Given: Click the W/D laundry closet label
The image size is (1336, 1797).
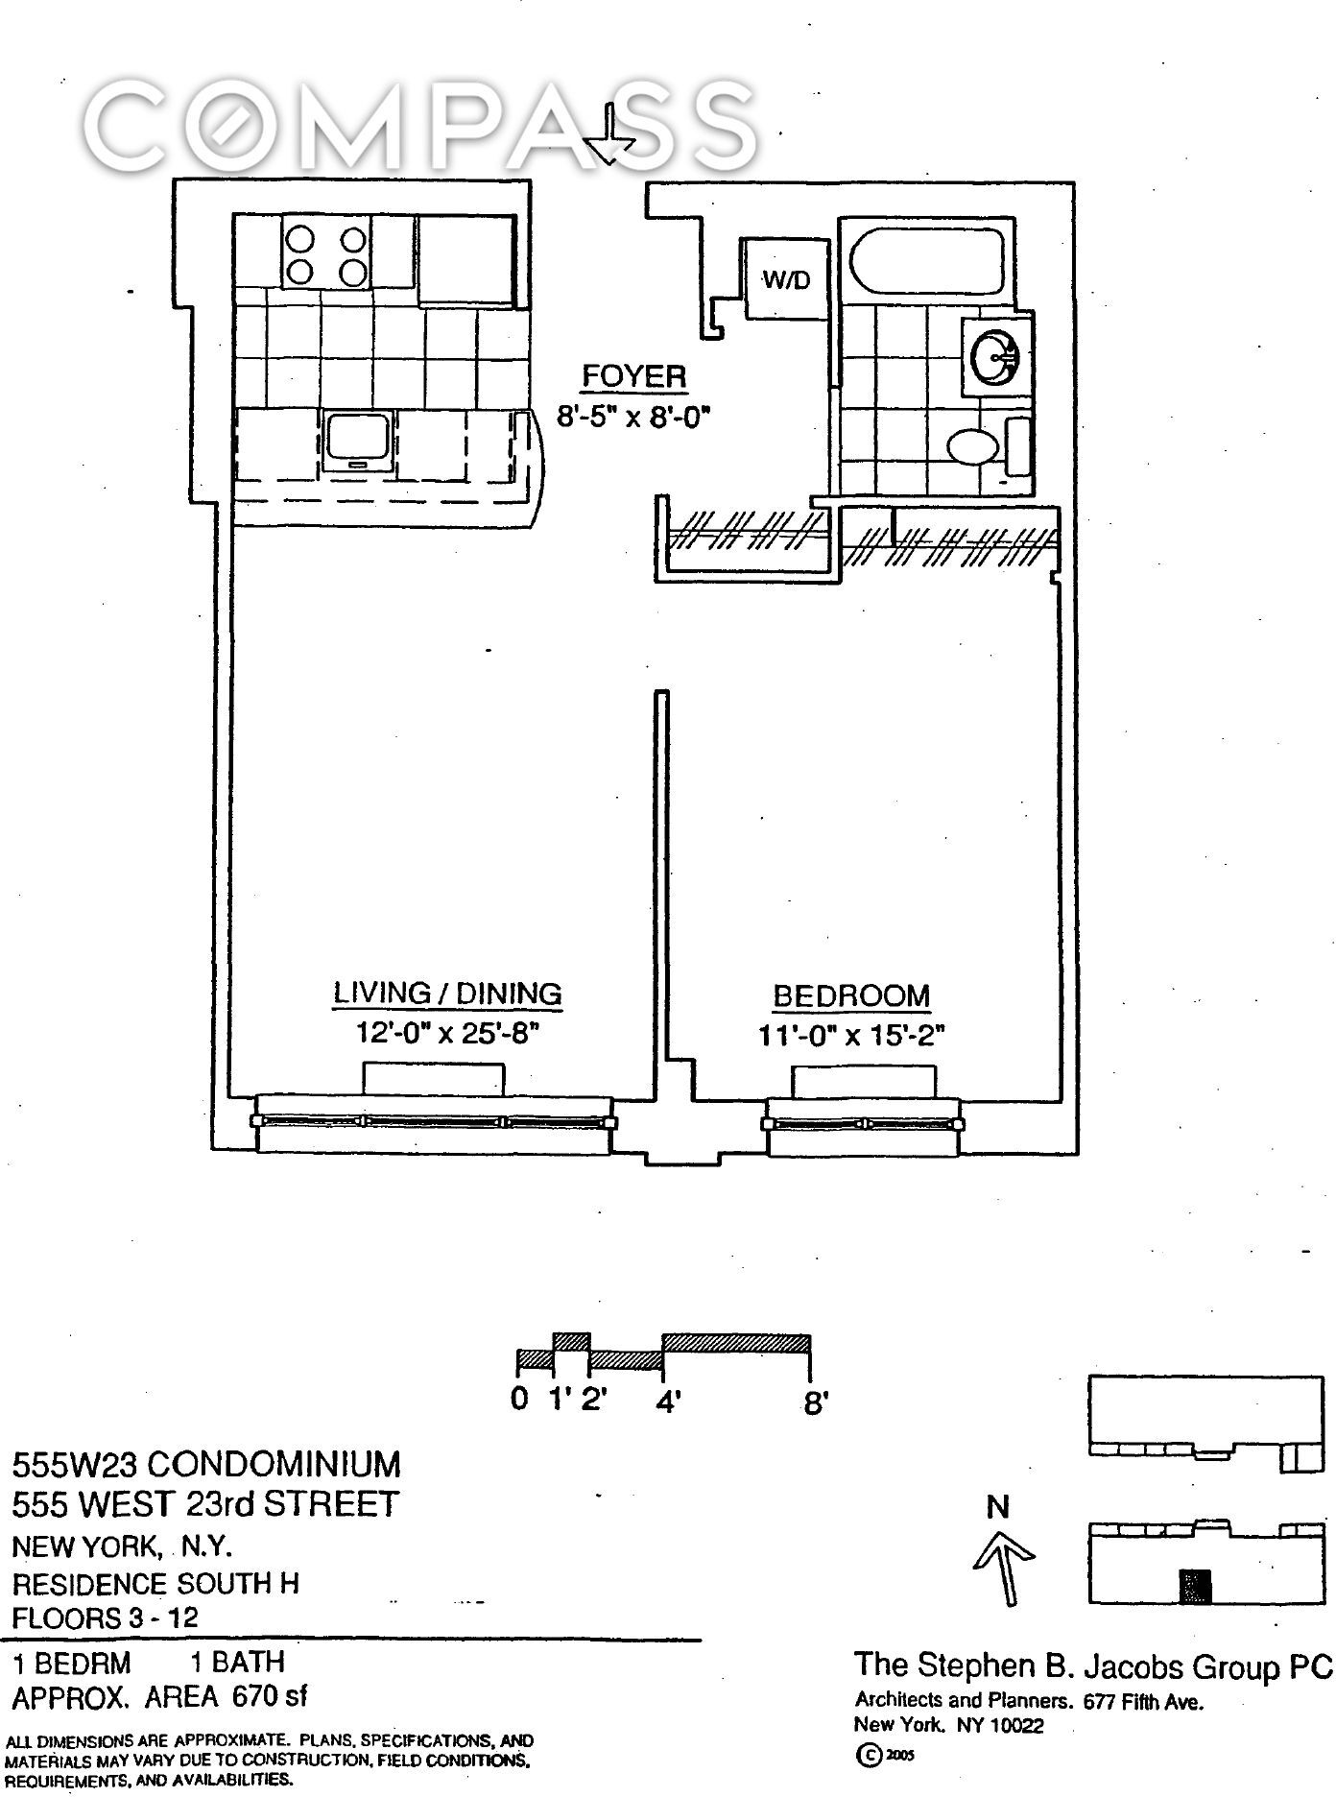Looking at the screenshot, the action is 786,279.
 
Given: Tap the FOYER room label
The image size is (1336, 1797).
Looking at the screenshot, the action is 634,376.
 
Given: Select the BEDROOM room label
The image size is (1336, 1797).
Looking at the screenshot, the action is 851,996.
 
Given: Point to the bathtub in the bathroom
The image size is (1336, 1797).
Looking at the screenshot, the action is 925,260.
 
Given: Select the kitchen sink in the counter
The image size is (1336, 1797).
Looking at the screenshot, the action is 360,440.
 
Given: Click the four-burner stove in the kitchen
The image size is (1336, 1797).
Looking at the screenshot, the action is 325,253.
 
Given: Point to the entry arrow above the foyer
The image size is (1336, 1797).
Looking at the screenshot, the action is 609,134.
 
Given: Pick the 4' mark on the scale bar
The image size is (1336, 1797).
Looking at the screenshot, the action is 668,1402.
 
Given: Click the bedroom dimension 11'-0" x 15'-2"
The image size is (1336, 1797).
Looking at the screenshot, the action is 852,1038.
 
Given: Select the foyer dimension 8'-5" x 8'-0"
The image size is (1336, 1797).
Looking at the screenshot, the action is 635,419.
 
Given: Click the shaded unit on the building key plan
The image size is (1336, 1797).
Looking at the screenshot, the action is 1195,1587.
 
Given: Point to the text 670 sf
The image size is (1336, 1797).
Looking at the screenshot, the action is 271,1697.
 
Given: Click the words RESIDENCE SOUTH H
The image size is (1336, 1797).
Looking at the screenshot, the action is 155,1583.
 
